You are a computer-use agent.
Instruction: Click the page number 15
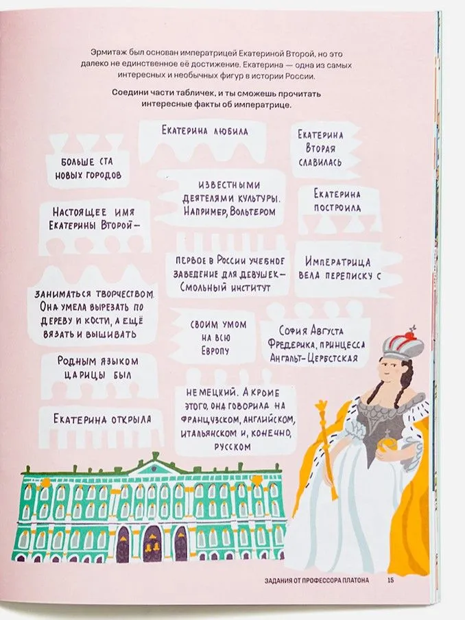click(390, 582)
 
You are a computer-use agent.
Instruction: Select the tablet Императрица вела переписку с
click(339, 268)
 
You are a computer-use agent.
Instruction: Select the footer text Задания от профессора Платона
click(316, 582)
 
